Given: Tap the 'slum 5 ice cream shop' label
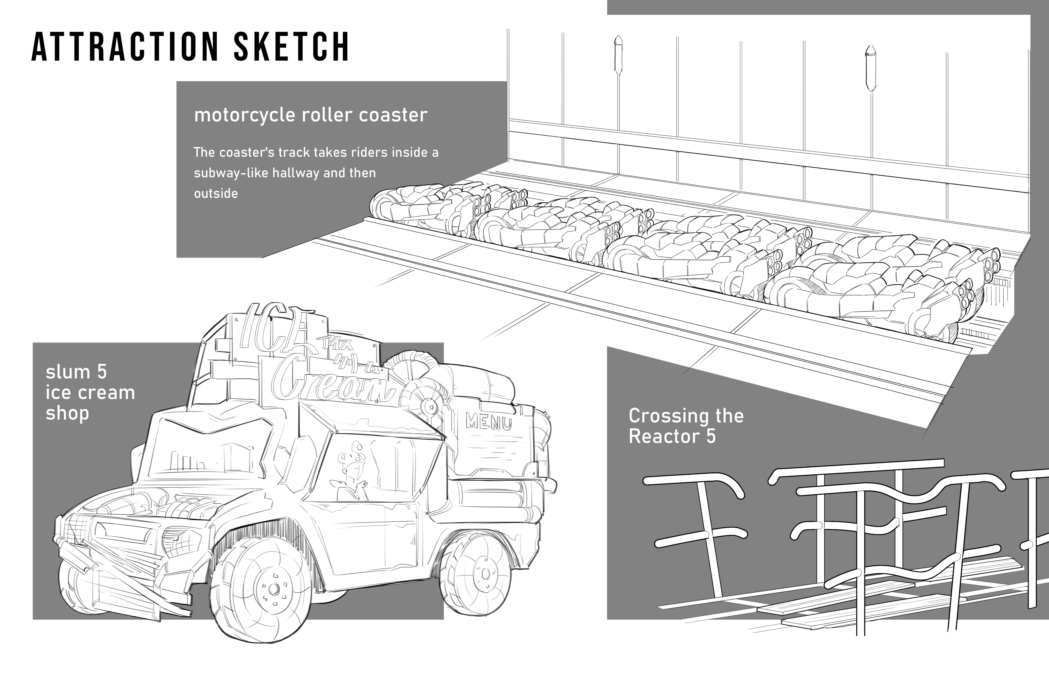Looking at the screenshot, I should pyautogui.click(x=90, y=392).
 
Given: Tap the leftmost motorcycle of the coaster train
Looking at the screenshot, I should pyautogui.click(x=423, y=207).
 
